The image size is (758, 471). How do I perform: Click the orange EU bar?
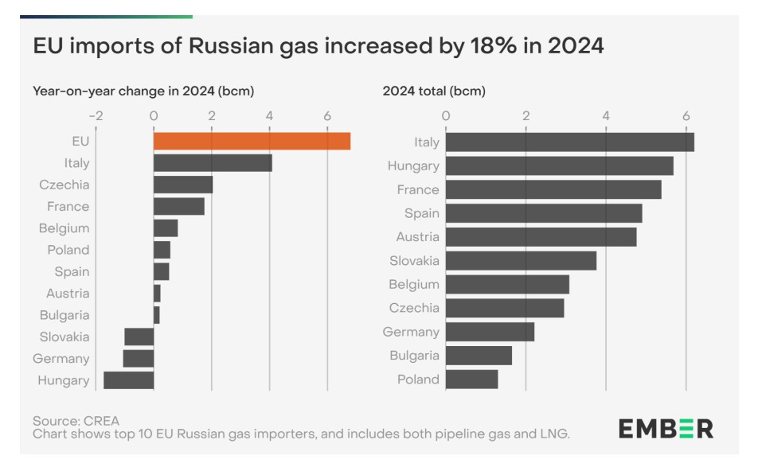click(x=252, y=142)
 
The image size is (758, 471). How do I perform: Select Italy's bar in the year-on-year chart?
click(x=213, y=163)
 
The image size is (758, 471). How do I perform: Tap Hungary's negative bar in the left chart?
click(x=129, y=380)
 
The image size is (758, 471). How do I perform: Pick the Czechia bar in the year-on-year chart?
click(x=183, y=185)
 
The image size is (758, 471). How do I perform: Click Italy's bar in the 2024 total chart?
click(x=569, y=142)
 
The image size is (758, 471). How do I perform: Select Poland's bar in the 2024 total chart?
click(x=471, y=380)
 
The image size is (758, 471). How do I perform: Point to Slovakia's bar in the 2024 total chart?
click(x=521, y=260)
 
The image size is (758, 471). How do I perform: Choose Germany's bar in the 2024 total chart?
click(x=490, y=332)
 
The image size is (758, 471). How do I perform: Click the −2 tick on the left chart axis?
click(x=96, y=115)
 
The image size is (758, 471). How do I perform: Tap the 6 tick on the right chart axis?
click(x=686, y=115)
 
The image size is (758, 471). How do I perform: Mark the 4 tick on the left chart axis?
click(x=270, y=115)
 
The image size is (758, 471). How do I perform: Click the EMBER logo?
click(x=666, y=429)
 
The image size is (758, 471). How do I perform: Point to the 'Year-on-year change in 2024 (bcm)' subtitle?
click(x=143, y=91)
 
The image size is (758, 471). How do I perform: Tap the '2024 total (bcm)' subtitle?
click(x=434, y=91)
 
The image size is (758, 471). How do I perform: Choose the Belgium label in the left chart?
click(x=64, y=228)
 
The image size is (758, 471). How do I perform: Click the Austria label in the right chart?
click(x=418, y=237)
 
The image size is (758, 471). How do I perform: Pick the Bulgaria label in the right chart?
click(x=414, y=356)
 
